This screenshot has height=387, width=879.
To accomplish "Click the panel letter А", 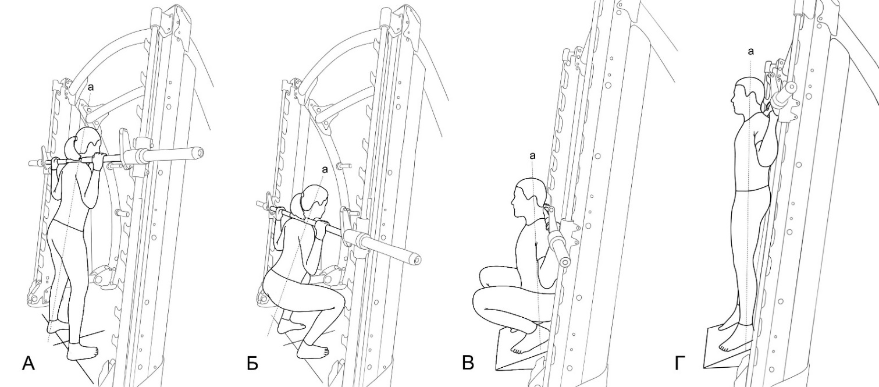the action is pyautogui.click(x=29, y=364).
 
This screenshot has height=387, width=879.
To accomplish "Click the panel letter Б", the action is pyautogui.click(x=252, y=364).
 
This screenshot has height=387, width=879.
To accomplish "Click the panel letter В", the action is pyautogui.click(x=468, y=363).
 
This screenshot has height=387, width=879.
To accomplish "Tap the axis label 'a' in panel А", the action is pyautogui.click(x=91, y=87).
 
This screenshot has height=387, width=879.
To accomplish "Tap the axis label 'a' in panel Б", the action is pyautogui.click(x=325, y=169).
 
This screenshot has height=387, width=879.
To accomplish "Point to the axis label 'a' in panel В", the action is pyautogui.click(x=532, y=156).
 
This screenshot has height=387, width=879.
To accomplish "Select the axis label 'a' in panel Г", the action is pyautogui.click(x=750, y=51).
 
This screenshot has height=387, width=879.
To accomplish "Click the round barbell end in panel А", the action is pyautogui.click(x=198, y=152).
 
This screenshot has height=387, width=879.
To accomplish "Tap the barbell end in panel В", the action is pyautogui.click(x=564, y=262).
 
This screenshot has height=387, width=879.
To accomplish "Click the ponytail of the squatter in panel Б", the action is pyautogui.click(x=297, y=206).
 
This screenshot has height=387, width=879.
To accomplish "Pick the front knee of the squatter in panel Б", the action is pyautogui.click(x=338, y=302).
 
